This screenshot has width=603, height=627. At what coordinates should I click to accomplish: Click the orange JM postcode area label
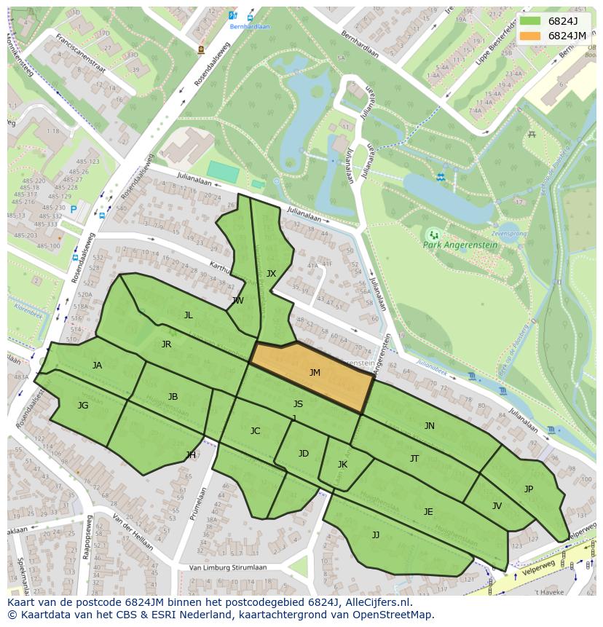coord(315,373)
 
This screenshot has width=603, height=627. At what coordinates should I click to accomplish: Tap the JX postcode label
coord(271,274)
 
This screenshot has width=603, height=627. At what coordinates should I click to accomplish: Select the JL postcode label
coord(188,315)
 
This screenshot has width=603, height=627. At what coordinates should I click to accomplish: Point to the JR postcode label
coord(166,344)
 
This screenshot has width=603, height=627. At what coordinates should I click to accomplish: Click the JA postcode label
coord(97,366)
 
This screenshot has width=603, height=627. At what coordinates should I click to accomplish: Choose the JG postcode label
coord(83,406)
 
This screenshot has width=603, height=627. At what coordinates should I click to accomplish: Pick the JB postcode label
coord(173,397)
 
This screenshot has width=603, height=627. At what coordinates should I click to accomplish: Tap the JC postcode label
coord(255,431)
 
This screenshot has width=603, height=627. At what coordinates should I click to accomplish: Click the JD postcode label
coord(303,454)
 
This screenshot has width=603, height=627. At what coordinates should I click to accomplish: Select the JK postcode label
coord(342,465)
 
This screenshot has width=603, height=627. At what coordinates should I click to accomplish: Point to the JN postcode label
coord(429,426)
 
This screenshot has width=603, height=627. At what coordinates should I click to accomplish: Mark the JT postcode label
coord(414,459)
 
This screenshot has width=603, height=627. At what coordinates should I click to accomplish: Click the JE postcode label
coord(428,512)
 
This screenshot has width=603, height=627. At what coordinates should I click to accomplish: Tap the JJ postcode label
coord(376,535)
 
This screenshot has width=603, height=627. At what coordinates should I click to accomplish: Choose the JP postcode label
coord(528,489)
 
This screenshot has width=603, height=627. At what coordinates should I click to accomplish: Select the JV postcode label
coord(497,506)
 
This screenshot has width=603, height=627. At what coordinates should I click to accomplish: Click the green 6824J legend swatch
coord(530,21)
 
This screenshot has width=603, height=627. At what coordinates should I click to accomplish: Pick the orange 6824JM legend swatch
coord(530,36)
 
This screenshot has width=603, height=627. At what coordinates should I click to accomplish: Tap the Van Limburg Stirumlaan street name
coord(227,567)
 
